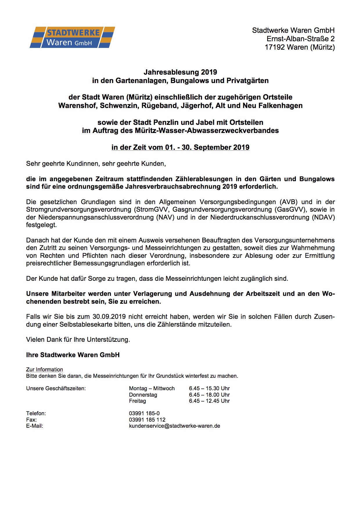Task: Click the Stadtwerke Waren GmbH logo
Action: [72, 37]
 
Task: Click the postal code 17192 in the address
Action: [274, 47]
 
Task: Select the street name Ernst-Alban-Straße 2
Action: [300, 39]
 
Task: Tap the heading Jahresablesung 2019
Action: [180, 72]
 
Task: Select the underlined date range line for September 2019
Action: [180, 148]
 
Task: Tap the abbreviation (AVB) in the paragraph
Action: [288, 202]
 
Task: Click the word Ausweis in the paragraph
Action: [152, 240]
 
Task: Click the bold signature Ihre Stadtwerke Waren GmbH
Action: [73, 355]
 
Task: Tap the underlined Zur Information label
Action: [44, 370]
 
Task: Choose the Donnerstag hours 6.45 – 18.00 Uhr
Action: [209, 395]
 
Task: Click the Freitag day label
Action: [137, 401]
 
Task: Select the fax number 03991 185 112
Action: [147, 420]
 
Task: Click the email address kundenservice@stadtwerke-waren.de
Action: [174, 426]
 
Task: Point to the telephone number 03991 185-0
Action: [144, 413]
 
